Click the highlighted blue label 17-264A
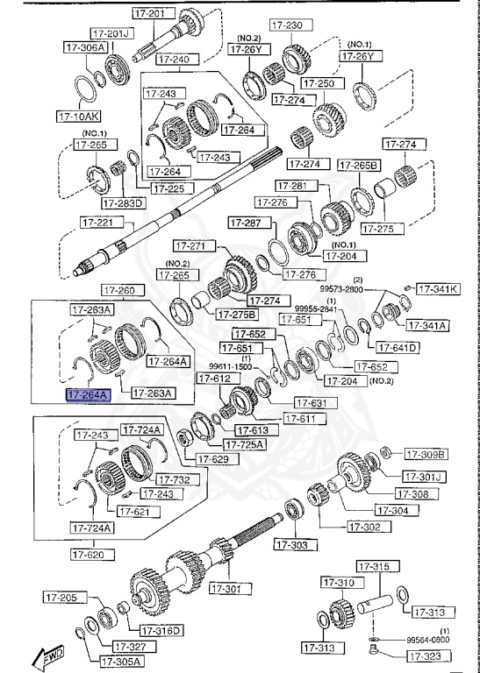[88, 395]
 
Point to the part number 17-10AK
[79, 115]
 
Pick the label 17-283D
[123, 203]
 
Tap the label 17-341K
[437, 288]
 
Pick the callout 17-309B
[426, 454]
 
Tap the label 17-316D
[160, 630]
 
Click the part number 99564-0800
[428, 641]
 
